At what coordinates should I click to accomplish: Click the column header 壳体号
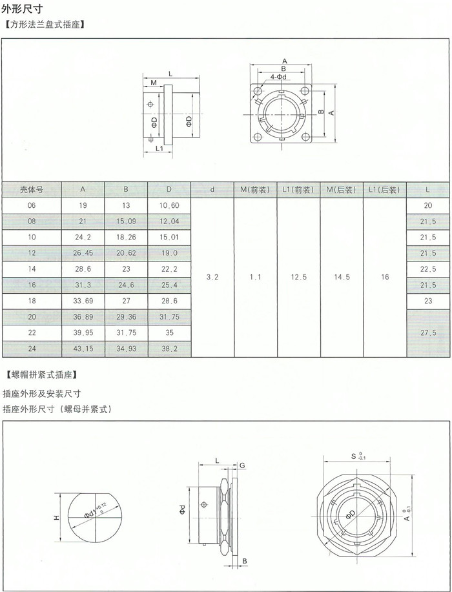(x=31, y=190)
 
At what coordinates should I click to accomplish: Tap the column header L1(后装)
(x=385, y=190)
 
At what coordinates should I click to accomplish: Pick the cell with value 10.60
(x=169, y=205)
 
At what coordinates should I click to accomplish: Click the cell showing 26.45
(x=83, y=252)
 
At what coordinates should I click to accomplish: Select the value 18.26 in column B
(x=126, y=237)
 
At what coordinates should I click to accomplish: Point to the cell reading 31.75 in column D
(x=169, y=316)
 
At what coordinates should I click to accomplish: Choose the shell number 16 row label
(x=31, y=285)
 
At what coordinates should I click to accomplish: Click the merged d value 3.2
(x=212, y=277)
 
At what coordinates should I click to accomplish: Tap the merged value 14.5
(x=342, y=277)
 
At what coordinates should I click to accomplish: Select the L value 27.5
(x=428, y=332)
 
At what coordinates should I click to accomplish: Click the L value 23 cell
(x=428, y=300)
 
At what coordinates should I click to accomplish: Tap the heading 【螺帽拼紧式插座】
(x=41, y=374)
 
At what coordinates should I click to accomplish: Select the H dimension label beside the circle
(x=56, y=518)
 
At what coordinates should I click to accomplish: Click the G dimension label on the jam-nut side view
(x=241, y=465)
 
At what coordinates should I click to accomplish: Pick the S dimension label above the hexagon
(x=354, y=456)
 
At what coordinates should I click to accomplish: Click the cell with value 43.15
(x=83, y=349)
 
